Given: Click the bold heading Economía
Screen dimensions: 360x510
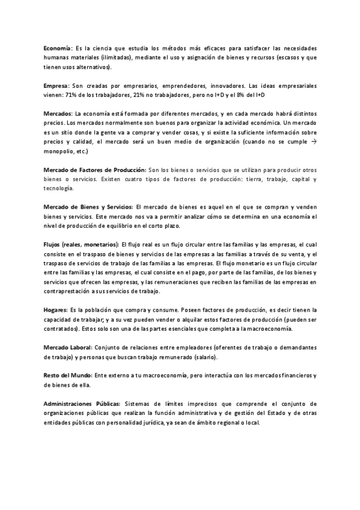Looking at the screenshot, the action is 58,48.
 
